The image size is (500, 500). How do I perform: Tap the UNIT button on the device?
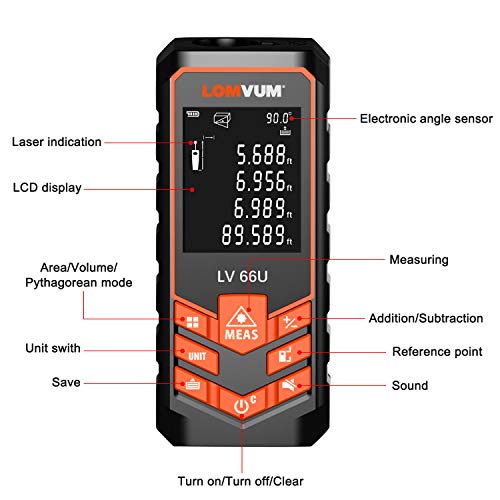[x=197, y=355]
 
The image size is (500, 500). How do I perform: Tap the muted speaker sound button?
[x=291, y=385]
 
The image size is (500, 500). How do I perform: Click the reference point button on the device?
[x=288, y=355]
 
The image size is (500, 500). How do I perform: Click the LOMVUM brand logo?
[x=243, y=91]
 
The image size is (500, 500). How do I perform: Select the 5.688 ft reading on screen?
[x=264, y=155]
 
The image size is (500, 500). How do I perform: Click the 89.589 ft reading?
[x=257, y=235]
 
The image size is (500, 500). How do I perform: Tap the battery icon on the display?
[x=193, y=114]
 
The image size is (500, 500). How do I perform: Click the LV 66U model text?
[x=242, y=276]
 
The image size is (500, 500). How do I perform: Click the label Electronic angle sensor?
[x=426, y=119]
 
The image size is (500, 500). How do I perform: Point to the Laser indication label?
[x=57, y=142]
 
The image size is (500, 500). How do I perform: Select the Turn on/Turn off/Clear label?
[x=240, y=481]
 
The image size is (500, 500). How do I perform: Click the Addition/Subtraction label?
[x=426, y=318]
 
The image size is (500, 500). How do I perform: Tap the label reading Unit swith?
[x=53, y=348]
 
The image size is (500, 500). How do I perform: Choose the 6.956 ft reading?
[x=264, y=182]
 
